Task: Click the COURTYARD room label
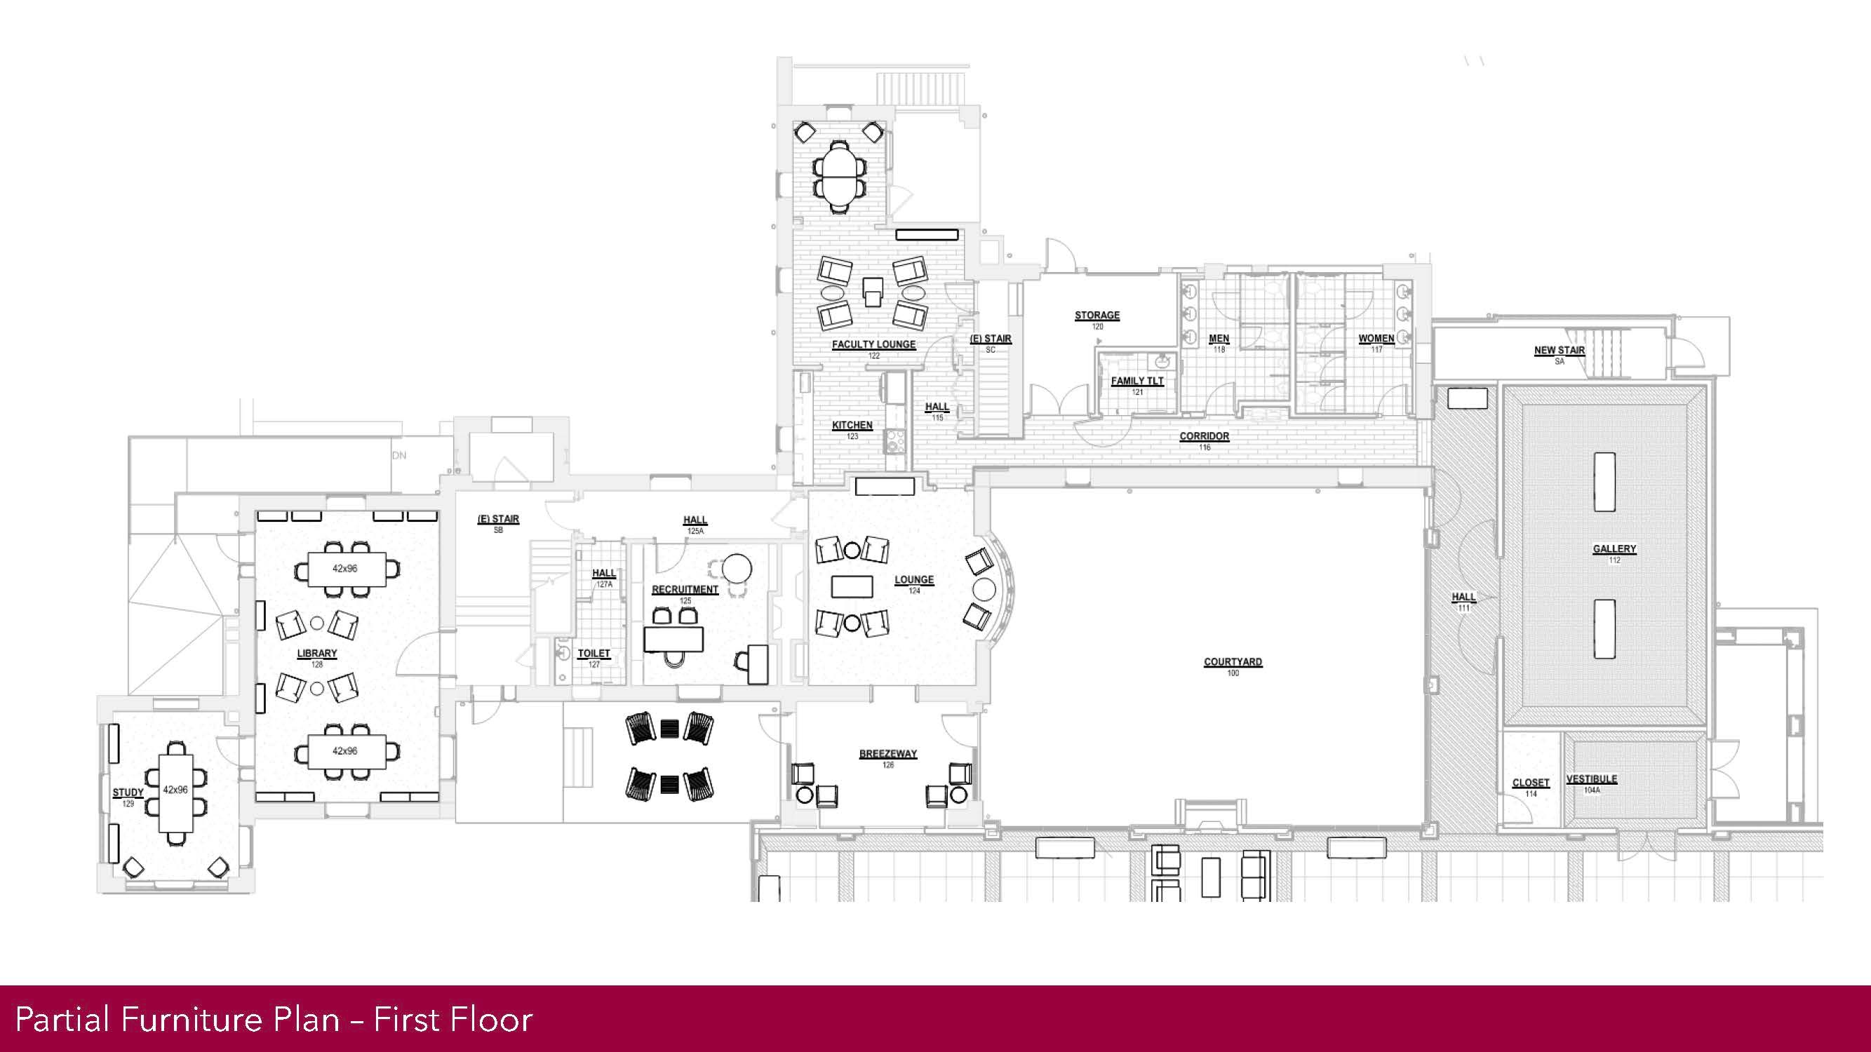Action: point(1233,662)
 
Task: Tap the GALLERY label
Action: point(1614,549)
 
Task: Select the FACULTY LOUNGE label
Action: point(873,345)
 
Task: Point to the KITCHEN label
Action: point(852,426)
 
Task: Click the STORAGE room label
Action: point(1097,316)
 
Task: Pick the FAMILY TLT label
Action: point(1136,381)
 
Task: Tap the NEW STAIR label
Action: point(1559,351)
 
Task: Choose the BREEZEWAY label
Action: point(887,755)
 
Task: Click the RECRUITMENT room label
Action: point(684,590)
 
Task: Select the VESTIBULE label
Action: point(1591,779)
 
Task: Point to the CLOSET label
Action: point(1530,783)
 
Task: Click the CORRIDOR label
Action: point(1205,436)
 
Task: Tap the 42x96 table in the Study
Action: point(176,790)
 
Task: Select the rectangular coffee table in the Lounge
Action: point(851,586)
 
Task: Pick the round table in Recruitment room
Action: point(737,568)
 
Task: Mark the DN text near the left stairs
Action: point(398,456)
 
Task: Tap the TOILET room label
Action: point(594,654)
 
